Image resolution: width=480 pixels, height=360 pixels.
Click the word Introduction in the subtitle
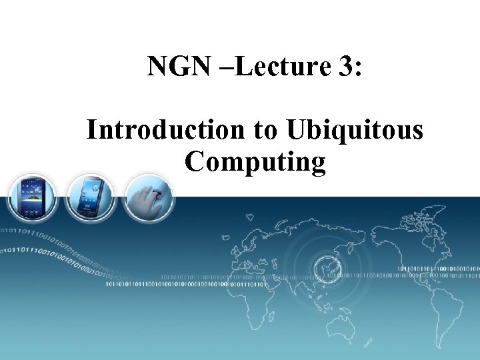point(165,129)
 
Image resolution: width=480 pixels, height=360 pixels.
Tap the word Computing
point(256,162)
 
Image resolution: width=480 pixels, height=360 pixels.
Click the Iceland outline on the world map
point(249,216)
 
